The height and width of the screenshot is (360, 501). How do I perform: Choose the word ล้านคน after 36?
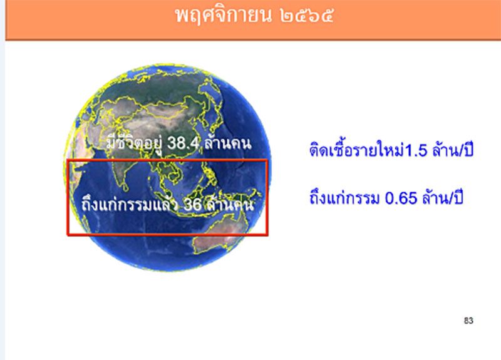pyautogui.click(x=231, y=204)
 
